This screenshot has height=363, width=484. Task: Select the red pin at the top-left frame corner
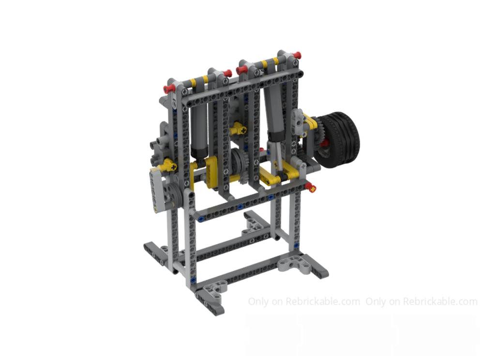click(x=168, y=89)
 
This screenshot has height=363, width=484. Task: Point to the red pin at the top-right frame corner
click(x=297, y=54)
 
